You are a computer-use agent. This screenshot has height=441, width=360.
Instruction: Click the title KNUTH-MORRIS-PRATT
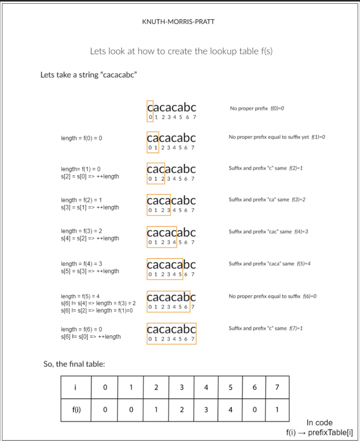pyautogui.click(x=178, y=22)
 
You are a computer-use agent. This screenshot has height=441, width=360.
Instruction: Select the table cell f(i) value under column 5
pyautogui.click(x=230, y=409)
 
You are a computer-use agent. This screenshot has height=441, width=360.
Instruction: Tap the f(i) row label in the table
pyautogui.click(x=76, y=409)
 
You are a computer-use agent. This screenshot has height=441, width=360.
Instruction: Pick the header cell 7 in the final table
pyautogui.click(x=277, y=387)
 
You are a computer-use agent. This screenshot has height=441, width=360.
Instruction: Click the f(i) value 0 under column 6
pyautogui.click(x=254, y=409)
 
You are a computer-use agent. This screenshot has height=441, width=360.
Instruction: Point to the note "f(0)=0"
pyautogui.click(x=277, y=108)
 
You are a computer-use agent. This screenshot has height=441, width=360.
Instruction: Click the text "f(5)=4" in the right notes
pyautogui.click(x=303, y=264)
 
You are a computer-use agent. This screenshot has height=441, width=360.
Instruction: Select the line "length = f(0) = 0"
pyautogui.click(x=81, y=138)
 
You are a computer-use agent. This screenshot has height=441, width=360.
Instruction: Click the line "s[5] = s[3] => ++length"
pyautogui.click(x=90, y=271)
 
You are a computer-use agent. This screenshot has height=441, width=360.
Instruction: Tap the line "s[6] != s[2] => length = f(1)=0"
pyautogui.click(x=97, y=311)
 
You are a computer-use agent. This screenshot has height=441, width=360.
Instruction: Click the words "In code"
pyautogui.click(x=319, y=423)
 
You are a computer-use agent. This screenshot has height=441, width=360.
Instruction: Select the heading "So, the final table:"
pyautogui.click(x=74, y=364)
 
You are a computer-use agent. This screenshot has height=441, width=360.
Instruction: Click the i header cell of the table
pyautogui.click(x=75, y=387)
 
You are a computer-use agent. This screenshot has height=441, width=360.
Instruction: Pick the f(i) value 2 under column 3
pyautogui.click(x=182, y=409)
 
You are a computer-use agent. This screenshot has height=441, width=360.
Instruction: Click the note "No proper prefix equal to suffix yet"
pyautogui.click(x=269, y=137)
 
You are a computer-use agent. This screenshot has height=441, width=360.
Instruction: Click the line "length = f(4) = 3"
pyautogui.click(x=81, y=264)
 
